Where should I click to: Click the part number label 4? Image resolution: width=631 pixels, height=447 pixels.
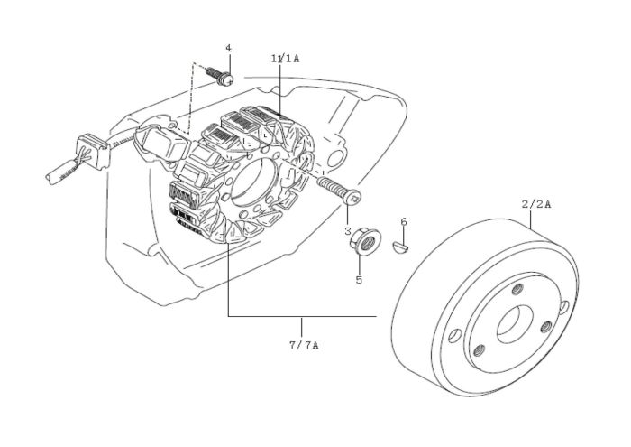228,47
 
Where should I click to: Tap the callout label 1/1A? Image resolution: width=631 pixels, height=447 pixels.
284,57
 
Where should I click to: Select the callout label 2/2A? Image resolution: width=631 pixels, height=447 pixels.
535,205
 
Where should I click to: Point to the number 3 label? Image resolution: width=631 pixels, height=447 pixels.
348,231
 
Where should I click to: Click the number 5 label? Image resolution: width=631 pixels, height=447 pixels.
358,281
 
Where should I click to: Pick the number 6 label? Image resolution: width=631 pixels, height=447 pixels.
403,221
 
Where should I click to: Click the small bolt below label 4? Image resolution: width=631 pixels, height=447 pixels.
220,75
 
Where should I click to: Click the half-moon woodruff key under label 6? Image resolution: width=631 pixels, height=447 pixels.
403,244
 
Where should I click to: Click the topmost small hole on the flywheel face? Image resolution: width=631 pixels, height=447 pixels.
517,290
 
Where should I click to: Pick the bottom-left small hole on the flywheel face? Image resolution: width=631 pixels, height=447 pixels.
479,349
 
